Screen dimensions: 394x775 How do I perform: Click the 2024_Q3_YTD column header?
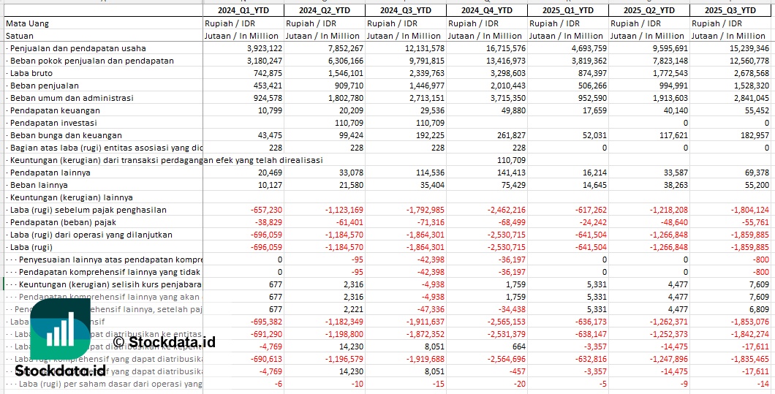406,10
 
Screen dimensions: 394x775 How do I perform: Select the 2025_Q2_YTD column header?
649,10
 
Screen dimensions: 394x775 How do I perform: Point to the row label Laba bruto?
32,73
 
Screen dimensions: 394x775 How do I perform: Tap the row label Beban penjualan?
44,86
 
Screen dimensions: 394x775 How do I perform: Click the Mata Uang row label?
27,23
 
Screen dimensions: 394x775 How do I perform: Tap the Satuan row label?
20,36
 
